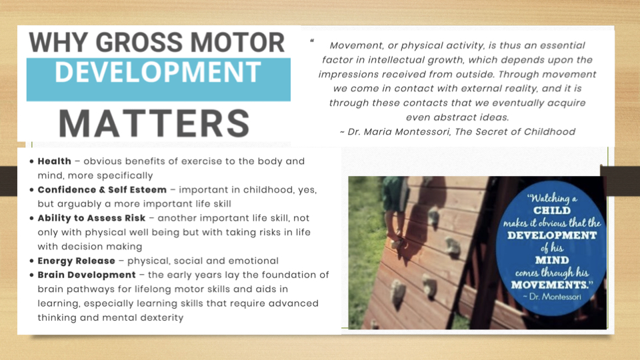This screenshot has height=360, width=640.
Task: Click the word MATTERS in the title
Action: pyautogui.click(x=154, y=123)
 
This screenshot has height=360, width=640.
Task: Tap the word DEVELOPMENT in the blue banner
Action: pyautogui.click(x=158, y=72)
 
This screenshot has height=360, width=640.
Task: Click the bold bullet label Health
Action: pyautogui.click(x=54, y=161)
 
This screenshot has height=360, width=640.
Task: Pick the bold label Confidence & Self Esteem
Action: pyautogui.click(x=102, y=190)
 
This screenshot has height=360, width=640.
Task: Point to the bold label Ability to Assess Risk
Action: pyautogui.click(x=91, y=218)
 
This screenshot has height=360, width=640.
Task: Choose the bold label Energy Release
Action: pyautogui.click(x=76, y=261)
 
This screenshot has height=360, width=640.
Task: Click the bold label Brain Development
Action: pyautogui.click(x=87, y=275)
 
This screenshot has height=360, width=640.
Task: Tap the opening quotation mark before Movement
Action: pyautogui.click(x=312, y=41)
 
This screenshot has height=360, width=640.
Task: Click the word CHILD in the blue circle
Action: pyautogui.click(x=552, y=211)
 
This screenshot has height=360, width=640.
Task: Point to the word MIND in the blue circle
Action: pyautogui.click(x=552, y=261)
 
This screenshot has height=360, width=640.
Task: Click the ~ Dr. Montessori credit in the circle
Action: pyautogui.click(x=552, y=297)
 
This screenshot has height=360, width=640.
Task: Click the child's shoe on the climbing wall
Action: pyautogui.click(x=398, y=243)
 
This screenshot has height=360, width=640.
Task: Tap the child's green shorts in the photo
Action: pyautogui.click(x=393, y=193)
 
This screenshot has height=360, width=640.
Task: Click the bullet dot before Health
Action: pyautogui.click(x=31, y=161)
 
